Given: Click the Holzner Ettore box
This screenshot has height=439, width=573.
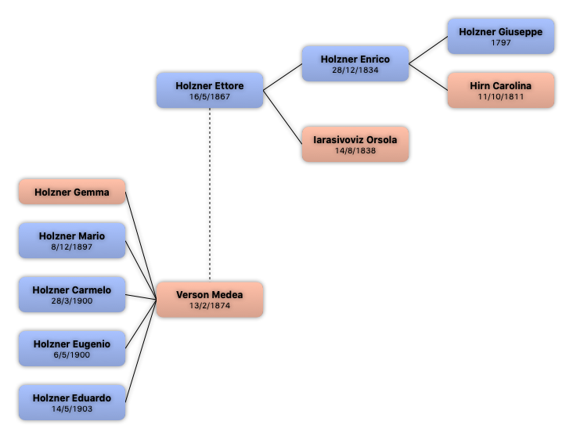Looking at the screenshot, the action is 210,90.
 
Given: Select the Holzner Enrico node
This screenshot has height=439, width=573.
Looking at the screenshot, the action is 355,63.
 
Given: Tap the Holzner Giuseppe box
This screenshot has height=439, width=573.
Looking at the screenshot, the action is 501,37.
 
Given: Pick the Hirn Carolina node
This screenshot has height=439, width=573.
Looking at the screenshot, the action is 501,90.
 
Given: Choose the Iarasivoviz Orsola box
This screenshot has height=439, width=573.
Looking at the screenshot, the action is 355,144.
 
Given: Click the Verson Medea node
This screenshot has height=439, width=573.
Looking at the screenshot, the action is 210,300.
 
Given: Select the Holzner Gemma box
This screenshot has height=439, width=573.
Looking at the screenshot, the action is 72,192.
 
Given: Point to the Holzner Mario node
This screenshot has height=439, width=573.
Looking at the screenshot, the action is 72,241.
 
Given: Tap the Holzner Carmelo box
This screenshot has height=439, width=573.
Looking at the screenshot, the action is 72,294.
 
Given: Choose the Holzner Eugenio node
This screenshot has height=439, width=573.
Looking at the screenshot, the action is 72,348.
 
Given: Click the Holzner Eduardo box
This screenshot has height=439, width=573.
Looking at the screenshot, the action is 72,402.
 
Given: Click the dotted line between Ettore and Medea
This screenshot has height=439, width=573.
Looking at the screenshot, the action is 210,195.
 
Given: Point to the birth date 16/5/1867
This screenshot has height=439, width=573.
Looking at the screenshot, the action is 210,97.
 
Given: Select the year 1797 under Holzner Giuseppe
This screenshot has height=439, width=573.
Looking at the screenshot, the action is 501,43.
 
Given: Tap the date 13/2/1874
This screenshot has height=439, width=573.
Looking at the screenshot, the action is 210,306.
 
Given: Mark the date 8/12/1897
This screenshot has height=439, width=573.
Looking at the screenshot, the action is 72,247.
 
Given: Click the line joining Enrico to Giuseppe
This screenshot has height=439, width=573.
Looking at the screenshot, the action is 428,50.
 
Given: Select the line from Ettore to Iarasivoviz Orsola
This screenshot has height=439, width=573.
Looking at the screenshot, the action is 283,117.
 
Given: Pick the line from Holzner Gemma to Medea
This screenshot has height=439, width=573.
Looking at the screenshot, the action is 141,246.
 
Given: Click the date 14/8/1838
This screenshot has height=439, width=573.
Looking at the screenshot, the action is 355,150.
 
